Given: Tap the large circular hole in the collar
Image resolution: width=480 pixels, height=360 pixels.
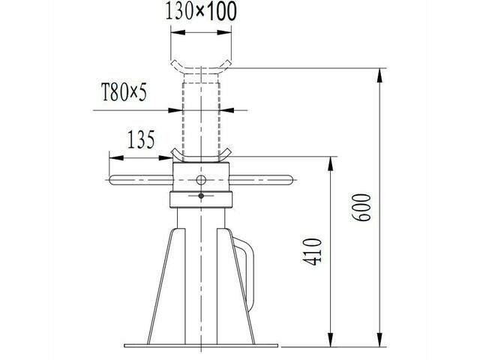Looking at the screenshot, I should [x=200, y=179].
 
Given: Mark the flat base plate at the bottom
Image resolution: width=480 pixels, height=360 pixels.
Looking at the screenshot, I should [x=200, y=346].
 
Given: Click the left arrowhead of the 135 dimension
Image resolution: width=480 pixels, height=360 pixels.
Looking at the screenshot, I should [x=113, y=157].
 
